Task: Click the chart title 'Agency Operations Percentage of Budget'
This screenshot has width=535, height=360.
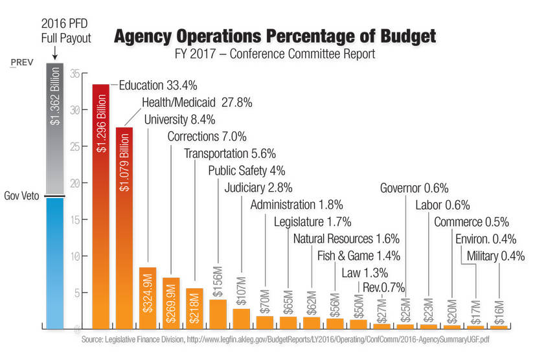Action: (275, 36)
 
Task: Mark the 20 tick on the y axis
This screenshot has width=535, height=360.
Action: (76, 183)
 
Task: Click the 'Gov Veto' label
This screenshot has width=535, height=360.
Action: (21, 196)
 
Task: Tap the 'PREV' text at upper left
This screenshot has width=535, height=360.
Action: (21, 63)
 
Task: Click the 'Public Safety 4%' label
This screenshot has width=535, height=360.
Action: (246, 171)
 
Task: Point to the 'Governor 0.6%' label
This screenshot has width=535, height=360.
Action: (414, 188)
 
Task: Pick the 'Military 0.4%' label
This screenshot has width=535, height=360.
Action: (495, 256)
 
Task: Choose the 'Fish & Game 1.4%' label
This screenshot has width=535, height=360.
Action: (358, 256)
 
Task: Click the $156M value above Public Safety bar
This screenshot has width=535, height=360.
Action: (218, 279)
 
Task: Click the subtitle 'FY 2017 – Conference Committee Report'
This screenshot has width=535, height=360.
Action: (275, 54)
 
